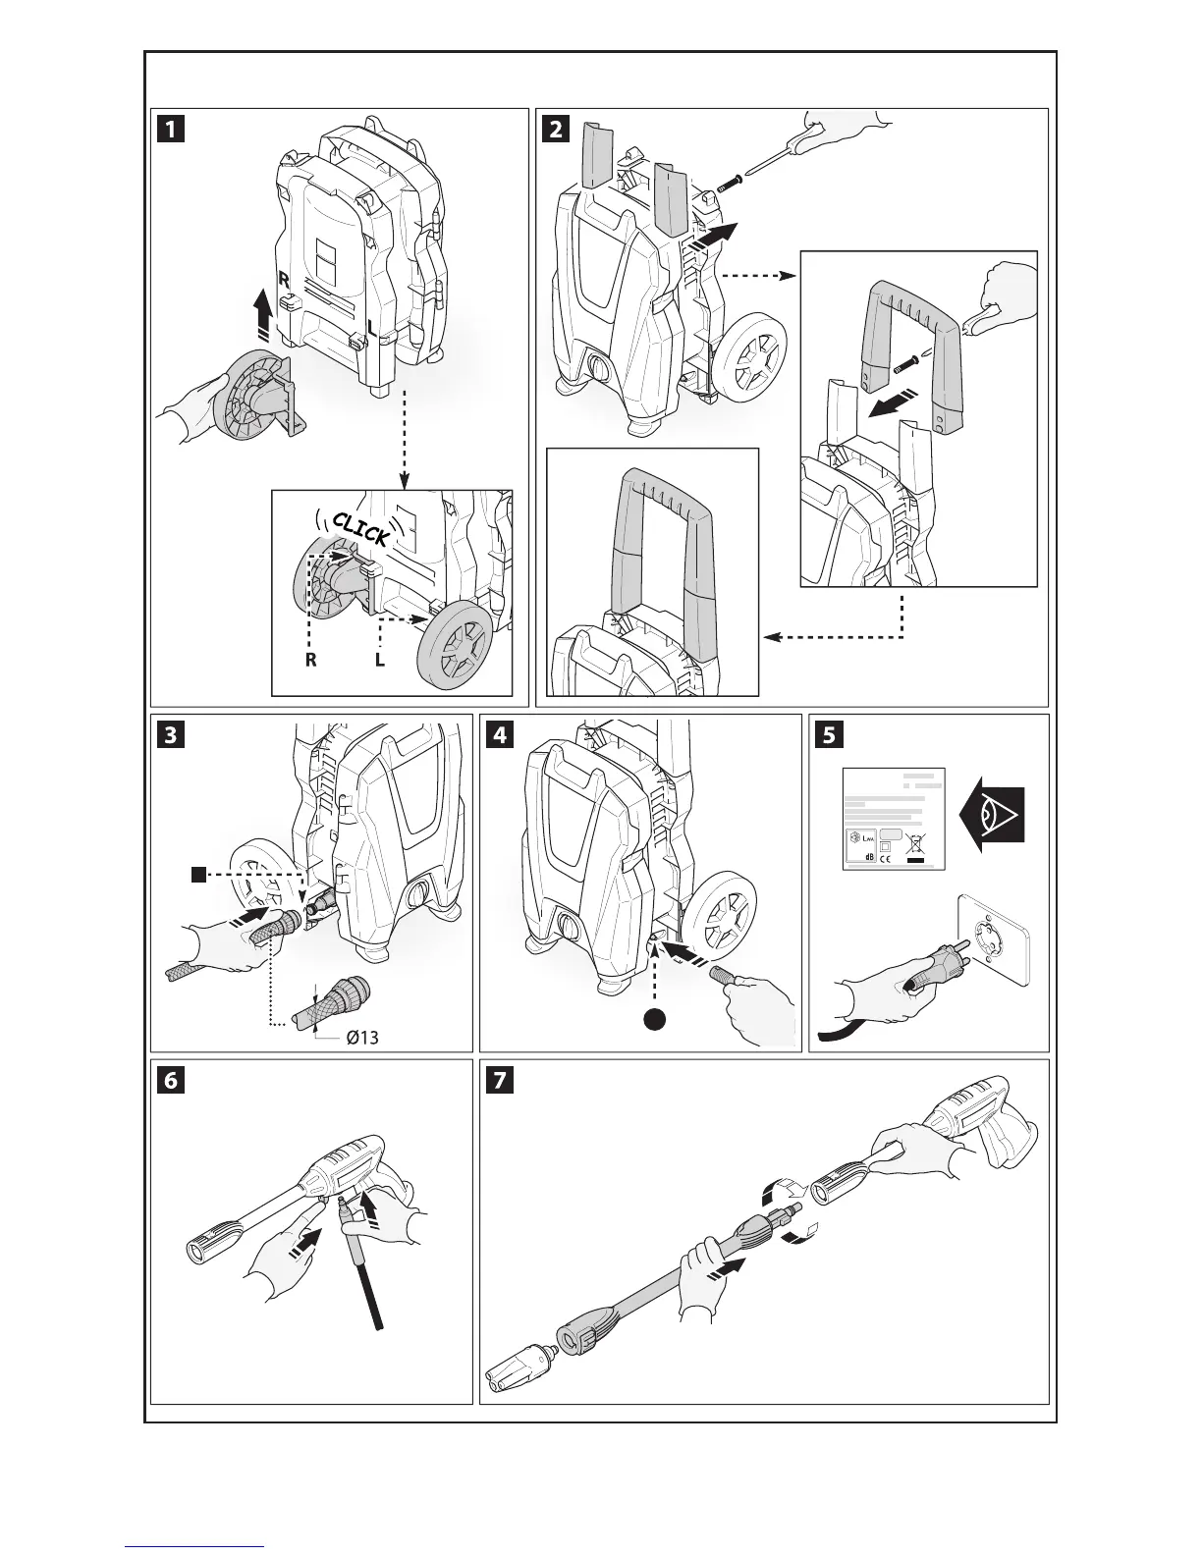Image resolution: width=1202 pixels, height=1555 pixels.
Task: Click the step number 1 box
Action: click(172, 130)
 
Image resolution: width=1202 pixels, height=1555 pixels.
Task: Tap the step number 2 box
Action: click(557, 130)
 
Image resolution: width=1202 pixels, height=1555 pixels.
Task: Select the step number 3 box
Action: click(172, 735)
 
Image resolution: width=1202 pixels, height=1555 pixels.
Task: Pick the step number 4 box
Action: click(501, 735)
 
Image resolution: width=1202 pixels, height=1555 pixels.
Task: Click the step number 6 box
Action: click(172, 1081)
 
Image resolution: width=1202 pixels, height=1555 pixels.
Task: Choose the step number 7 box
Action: click(501, 1081)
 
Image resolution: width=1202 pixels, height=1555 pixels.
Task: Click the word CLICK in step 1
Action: click(360, 529)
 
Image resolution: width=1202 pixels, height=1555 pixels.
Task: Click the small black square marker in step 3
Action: click(199, 873)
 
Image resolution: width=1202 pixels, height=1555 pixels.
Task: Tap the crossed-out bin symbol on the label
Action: click(918, 844)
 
